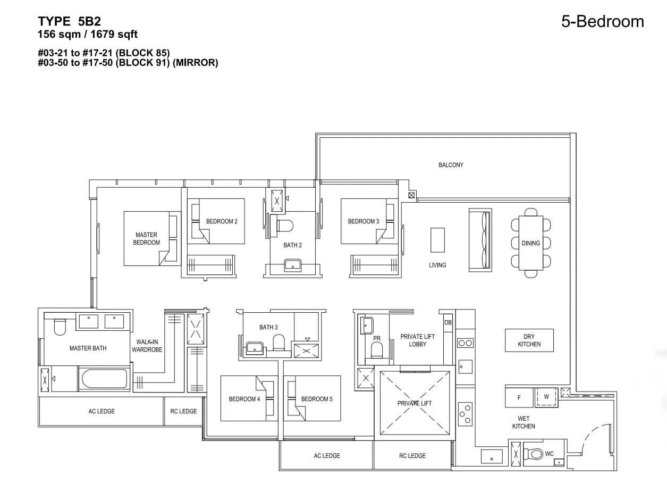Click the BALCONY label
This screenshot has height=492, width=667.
pyautogui.click(x=451, y=165)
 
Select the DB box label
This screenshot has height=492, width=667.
pyautogui.click(x=448, y=322)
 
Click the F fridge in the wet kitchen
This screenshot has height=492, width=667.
pyautogui.click(x=519, y=397)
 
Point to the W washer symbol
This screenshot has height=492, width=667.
pyautogui.click(x=546, y=397)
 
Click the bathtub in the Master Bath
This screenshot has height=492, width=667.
pyautogui.click(x=104, y=379)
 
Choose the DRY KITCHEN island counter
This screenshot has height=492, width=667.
pyautogui.click(x=529, y=340)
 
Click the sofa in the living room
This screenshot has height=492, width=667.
pyautogui.click(x=480, y=240)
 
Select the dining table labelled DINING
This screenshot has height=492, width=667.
pyautogui.click(x=530, y=243)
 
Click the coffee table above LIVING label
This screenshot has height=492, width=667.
pyautogui.click(x=437, y=240)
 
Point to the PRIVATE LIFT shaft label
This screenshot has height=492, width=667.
pyautogui.click(x=415, y=403)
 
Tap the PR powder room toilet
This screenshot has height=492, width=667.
pyautogui.click(x=377, y=350)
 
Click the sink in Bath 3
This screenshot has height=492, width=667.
pyautogui.click(x=254, y=347)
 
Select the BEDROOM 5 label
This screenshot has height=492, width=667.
pyautogui.click(x=317, y=399)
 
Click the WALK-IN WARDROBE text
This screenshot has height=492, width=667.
pyautogui.click(x=147, y=346)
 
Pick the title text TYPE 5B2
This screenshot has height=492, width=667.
pyautogui.click(x=70, y=21)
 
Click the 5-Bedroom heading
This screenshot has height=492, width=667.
pyautogui.click(x=603, y=21)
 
